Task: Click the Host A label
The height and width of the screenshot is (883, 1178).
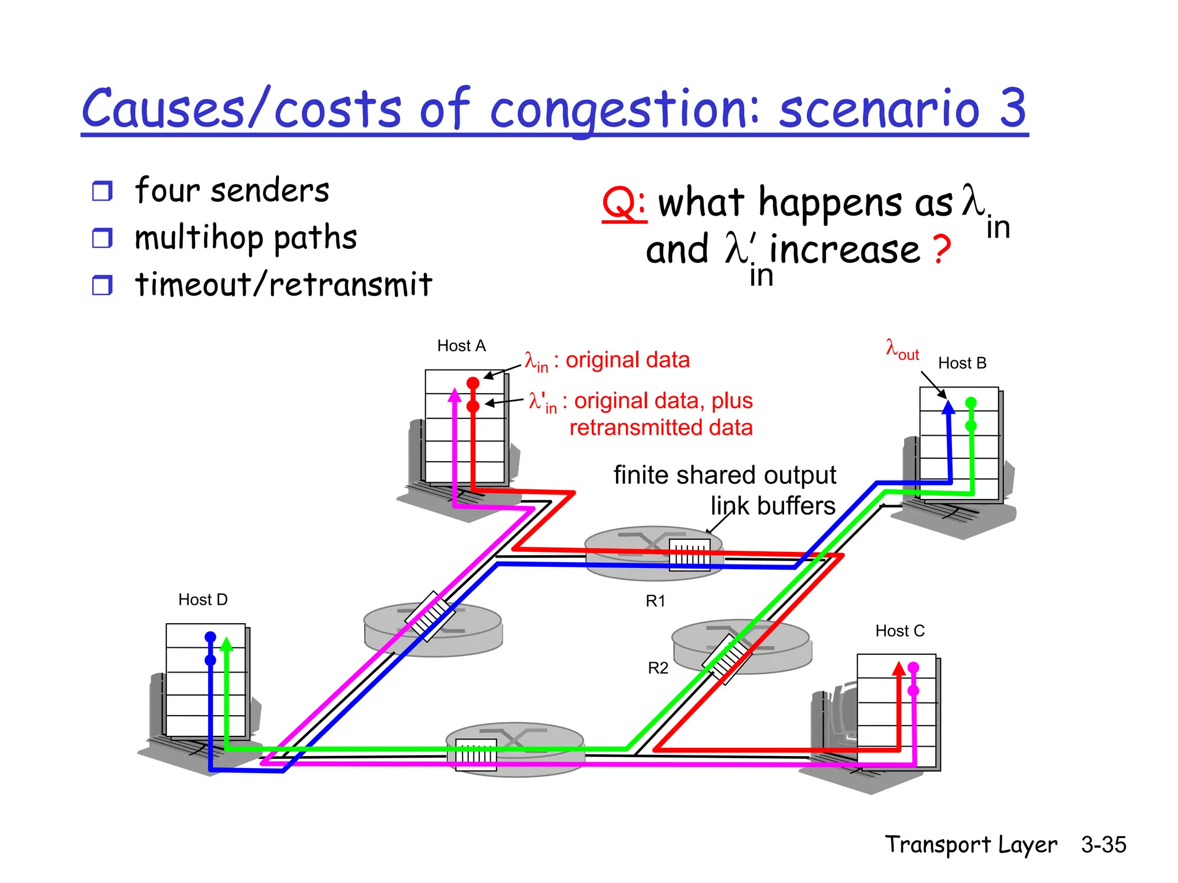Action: [461, 345]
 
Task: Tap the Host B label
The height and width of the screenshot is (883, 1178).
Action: [962, 363]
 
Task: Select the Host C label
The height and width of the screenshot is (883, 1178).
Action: [900, 631]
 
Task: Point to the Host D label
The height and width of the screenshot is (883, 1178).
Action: [202, 600]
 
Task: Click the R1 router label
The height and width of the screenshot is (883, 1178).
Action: [655, 601]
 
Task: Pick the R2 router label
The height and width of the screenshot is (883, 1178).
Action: [658, 667]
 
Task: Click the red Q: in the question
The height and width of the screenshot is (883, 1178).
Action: [624, 204]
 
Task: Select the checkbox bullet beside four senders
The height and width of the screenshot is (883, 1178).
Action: [102, 191]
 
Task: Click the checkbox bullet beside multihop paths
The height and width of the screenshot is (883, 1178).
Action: [102, 237]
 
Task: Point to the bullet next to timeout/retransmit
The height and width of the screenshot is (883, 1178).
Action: [102, 285]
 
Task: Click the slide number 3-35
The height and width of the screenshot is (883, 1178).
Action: [1103, 844]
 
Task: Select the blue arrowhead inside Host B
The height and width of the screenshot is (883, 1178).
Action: [948, 407]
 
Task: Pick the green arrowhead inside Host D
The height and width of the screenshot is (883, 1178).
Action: [227, 643]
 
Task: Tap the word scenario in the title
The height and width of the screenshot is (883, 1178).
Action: [879, 109]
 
